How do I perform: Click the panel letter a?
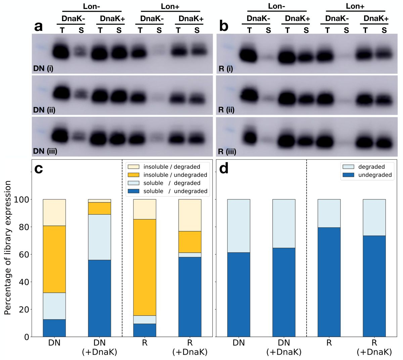(x=39, y=26)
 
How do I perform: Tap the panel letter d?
(x=224, y=169)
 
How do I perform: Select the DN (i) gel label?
(x=43, y=69)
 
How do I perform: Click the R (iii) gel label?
(x=227, y=151)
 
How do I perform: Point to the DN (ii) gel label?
(x=44, y=110)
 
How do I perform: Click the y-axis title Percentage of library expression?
(x=8, y=248)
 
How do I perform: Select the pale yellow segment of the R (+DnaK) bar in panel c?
(x=190, y=215)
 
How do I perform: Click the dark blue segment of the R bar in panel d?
(x=329, y=282)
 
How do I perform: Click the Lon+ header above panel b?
(x=355, y=6)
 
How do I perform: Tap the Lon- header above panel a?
(x=92, y=6)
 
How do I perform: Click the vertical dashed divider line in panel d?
(x=307, y=248)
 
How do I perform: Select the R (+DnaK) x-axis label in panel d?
(x=374, y=347)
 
